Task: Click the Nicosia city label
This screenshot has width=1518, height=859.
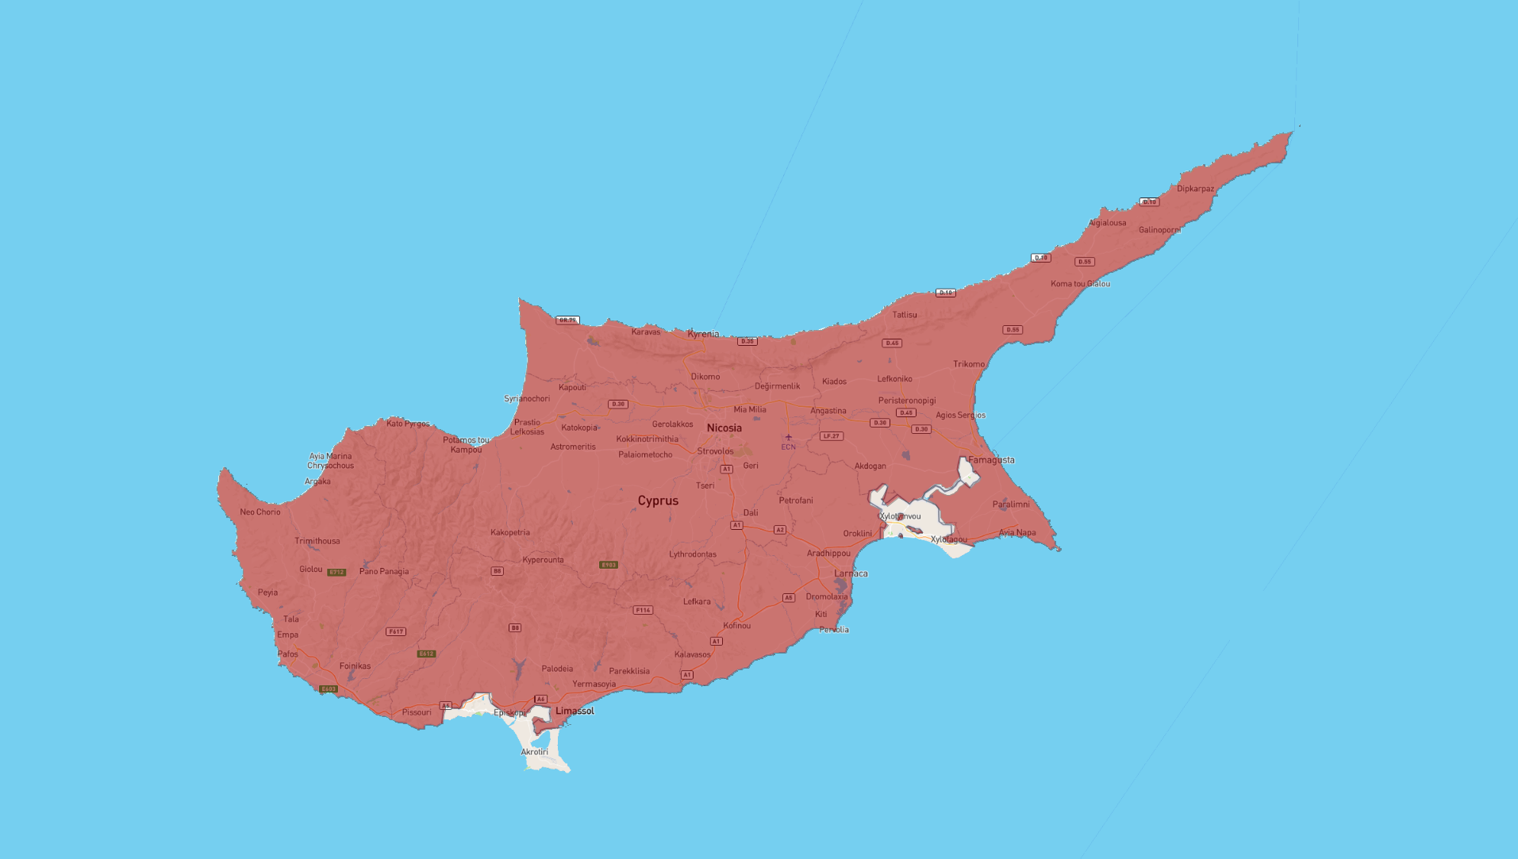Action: [724, 428]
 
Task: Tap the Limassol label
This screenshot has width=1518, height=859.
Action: [575, 711]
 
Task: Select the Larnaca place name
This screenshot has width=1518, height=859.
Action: [851, 573]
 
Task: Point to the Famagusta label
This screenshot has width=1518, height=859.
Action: [991, 460]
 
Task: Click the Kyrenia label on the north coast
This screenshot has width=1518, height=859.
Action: [703, 334]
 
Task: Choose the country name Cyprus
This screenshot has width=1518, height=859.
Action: [658, 500]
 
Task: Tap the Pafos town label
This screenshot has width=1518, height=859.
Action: [288, 654]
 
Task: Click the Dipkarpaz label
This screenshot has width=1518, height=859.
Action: [1195, 189]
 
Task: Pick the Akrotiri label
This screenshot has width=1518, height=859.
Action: [534, 752]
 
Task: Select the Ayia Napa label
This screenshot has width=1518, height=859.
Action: [1017, 533]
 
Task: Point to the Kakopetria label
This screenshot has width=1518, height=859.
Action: [510, 532]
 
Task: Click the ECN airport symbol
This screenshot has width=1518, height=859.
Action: [788, 437]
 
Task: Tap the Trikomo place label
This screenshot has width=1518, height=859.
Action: [969, 364]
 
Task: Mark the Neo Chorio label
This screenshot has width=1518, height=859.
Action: [260, 512]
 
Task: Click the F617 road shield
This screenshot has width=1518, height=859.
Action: [395, 631]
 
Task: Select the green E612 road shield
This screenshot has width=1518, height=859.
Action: [426, 654]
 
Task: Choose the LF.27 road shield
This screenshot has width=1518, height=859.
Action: [831, 436]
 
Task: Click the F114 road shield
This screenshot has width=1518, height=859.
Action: [643, 610]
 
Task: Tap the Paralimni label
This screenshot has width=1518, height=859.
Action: [1011, 504]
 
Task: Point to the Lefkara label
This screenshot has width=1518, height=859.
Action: [697, 601]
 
